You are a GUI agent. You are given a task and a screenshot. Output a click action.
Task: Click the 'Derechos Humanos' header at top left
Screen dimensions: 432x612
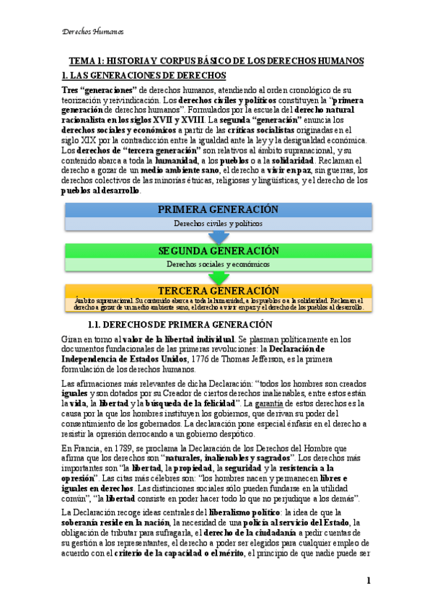93,32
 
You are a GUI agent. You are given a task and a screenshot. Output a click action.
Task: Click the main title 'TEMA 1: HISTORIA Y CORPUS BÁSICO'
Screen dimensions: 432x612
216,61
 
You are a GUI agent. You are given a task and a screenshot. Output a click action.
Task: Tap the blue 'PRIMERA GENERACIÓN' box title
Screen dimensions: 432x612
218,209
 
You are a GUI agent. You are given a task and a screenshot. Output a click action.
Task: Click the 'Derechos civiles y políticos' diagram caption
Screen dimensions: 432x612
218,224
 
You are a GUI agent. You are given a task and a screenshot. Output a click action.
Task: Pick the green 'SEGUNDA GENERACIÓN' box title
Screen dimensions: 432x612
218,250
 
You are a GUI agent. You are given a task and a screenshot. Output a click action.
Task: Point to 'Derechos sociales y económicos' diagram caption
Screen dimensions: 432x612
218,264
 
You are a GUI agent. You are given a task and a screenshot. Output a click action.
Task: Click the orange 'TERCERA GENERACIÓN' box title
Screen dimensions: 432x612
218,290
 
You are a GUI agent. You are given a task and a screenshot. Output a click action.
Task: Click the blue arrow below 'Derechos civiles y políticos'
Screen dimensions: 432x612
218,237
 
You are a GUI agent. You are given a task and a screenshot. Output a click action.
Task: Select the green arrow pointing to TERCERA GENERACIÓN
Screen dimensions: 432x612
218,277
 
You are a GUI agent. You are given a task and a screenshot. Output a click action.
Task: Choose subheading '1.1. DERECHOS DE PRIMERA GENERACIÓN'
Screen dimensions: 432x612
179,324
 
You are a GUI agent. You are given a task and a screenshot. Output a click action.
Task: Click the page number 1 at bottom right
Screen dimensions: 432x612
368,581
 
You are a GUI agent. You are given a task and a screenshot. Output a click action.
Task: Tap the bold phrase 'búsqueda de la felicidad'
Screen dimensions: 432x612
190,403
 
